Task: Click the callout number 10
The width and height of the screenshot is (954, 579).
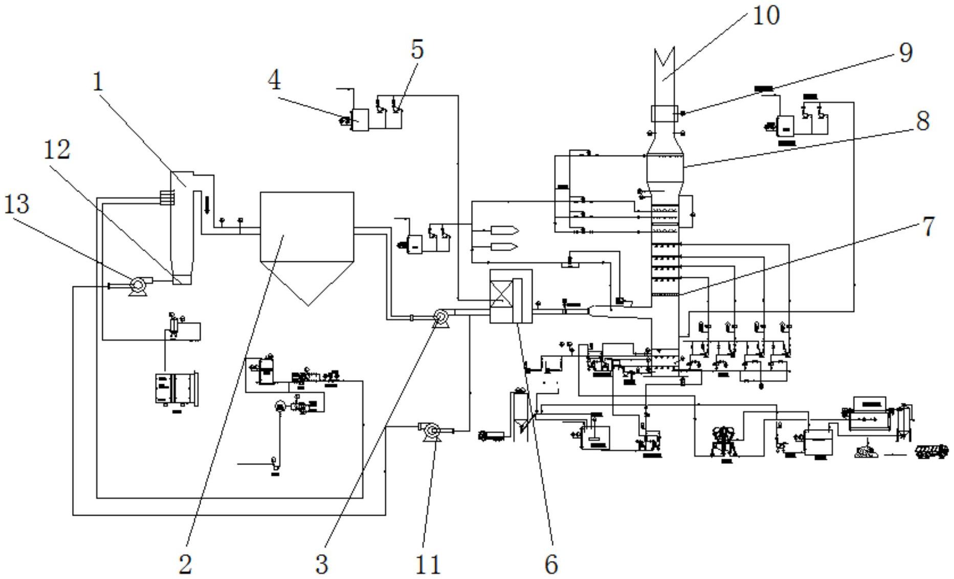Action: pyautogui.click(x=765, y=15)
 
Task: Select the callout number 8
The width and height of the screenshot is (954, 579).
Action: pyautogui.click(x=922, y=122)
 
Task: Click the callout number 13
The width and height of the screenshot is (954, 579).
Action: pyautogui.click(x=17, y=204)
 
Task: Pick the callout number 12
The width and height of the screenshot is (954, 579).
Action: pyautogui.click(x=56, y=150)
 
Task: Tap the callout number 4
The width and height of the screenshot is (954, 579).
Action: pyautogui.click(x=274, y=80)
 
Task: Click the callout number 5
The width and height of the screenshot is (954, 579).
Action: pyautogui.click(x=417, y=50)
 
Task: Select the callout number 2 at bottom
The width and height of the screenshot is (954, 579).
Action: pyautogui.click(x=185, y=564)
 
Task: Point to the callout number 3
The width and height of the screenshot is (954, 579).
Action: pyautogui.click(x=321, y=564)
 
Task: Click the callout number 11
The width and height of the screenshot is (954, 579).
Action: pyautogui.click(x=428, y=565)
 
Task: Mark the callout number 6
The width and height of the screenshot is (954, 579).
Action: pyautogui.click(x=551, y=564)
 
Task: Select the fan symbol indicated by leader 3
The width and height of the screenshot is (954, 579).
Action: pyautogui.click(x=440, y=318)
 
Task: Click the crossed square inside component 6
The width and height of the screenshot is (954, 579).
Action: pyautogui.click(x=501, y=296)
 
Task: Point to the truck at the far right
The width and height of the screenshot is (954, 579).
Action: pyautogui.click(x=931, y=452)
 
